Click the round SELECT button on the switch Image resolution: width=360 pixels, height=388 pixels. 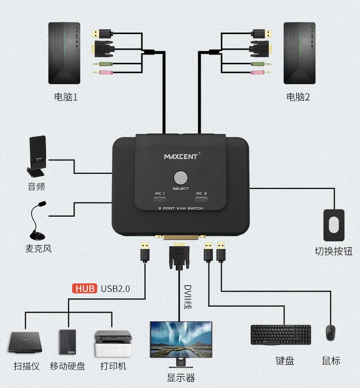(180, 177)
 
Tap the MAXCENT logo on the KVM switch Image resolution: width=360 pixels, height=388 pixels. (181, 156)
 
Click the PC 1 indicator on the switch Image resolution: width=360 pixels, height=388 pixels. (160, 197)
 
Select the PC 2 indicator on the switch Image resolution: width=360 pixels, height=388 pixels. (201, 197)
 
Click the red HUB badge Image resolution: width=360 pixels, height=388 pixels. (85, 288)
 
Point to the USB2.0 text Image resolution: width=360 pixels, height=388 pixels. (115, 288)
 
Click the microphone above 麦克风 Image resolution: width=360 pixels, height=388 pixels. (36, 220)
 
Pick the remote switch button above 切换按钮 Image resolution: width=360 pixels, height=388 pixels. (334, 225)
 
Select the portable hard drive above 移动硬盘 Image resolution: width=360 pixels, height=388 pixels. (68, 342)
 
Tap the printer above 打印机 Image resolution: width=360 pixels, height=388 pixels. (113, 343)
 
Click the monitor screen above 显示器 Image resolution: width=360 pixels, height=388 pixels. (181, 339)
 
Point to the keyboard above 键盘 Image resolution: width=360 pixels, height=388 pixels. (281, 334)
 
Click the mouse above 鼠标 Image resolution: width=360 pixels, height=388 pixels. (331, 333)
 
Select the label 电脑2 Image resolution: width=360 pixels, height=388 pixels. (298, 96)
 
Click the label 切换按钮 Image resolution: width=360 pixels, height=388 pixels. (333, 251)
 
